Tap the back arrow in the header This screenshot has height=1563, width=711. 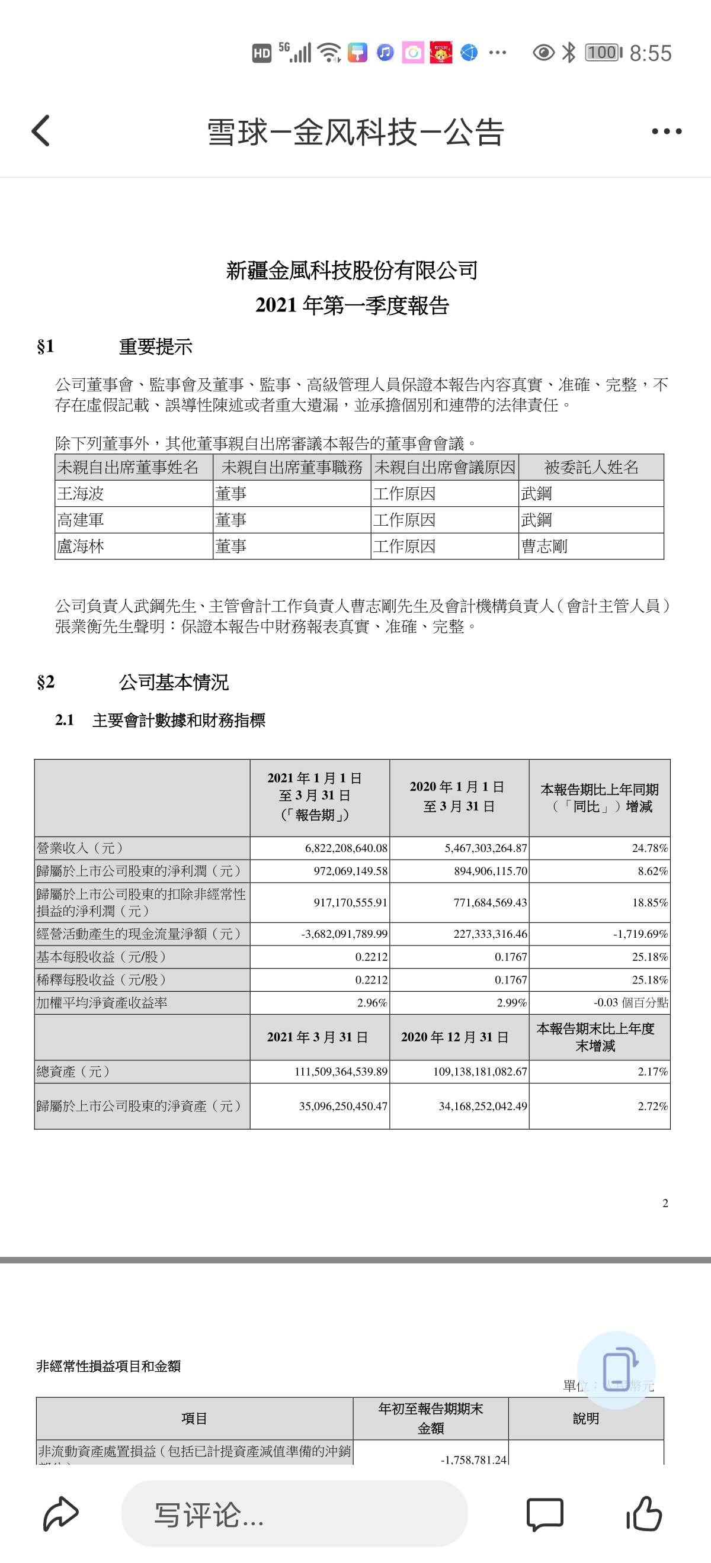pyautogui.click(x=41, y=131)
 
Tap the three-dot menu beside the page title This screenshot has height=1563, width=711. pyautogui.click(x=666, y=131)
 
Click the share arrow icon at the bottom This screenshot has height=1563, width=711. pyautogui.click(x=60, y=1513)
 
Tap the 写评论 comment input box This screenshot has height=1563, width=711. pyautogui.click(x=294, y=1513)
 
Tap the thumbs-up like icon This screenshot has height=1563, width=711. pyautogui.click(x=643, y=1513)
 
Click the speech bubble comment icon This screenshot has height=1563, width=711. pyautogui.click(x=545, y=1513)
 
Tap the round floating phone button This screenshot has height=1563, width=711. pyautogui.click(x=616, y=1370)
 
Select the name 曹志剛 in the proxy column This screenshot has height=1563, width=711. pyautogui.click(x=544, y=546)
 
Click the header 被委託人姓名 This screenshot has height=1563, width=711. pyautogui.click(x=591, y=467)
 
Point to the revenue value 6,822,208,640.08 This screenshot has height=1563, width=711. pyautogui.click(x=346, y=848)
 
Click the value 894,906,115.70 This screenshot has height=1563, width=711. pyautogui.click(x=491, y=871)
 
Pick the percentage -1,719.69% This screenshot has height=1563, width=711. pyautogui.click(x=640, y=934)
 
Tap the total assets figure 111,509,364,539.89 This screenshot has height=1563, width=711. pyautogui.click(x=341, y=1072)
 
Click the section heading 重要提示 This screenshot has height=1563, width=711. pyautogui.click(x=155, y=347)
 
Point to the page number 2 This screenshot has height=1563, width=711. pyautogui.click(x=665, y=1203)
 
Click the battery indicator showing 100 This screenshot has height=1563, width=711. pyautogui.click(x=603, y=53)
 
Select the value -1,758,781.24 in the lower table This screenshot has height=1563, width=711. pyautogui.click(x=473, y=1459)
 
